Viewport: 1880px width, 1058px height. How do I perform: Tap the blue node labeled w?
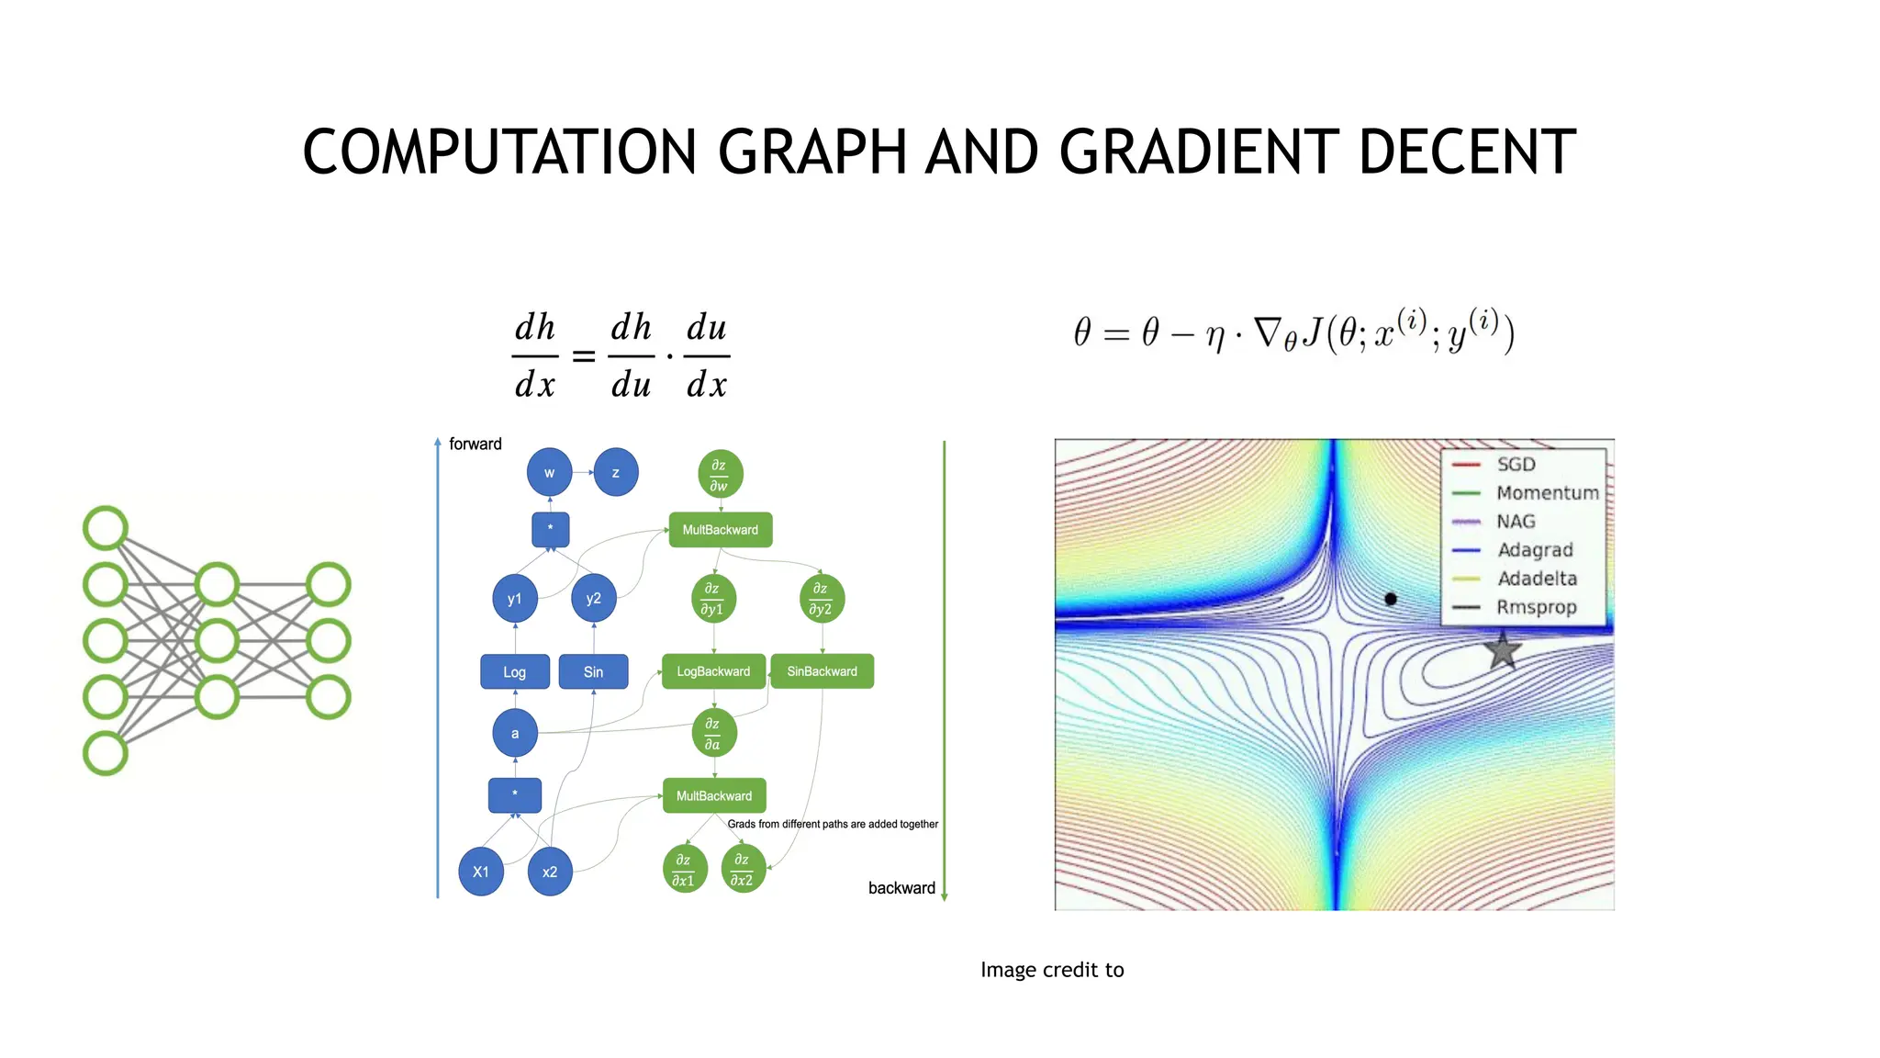click(549, 473)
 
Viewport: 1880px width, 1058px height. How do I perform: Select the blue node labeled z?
click(615, 473)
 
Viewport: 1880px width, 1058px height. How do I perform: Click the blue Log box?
click(515, 671)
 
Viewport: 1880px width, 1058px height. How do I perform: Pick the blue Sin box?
click(593, 671)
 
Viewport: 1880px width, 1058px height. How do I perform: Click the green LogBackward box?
click(713, 671)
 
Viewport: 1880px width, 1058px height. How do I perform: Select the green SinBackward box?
click(822, 671)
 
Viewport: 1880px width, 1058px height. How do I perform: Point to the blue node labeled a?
click(515, 733)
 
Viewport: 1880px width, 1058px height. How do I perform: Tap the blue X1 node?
click(481, 872)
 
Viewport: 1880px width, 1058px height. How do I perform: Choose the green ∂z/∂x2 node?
click(743, 869)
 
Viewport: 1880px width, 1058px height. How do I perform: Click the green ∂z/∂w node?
click(720, 475)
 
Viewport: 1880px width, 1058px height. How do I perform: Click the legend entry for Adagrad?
click(1535, 550)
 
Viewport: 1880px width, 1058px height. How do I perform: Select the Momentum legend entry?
click(1547, 493)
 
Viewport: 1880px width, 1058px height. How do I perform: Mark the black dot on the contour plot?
click(1391, 599)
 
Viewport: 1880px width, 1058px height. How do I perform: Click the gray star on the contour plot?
click(1503, 650)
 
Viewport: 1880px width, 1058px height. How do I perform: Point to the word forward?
click(475, 445)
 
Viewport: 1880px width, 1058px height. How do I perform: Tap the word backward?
click(901, 888)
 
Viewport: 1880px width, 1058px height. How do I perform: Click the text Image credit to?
click(1052, 970)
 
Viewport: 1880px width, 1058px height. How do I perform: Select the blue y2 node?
click(593, 599)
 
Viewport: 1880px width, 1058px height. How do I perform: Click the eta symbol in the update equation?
click(1215, 336)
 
